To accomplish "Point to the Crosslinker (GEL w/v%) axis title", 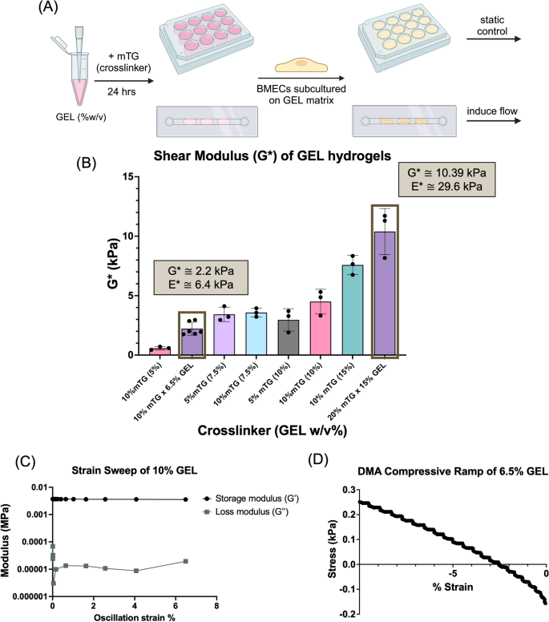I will click(275, 430).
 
